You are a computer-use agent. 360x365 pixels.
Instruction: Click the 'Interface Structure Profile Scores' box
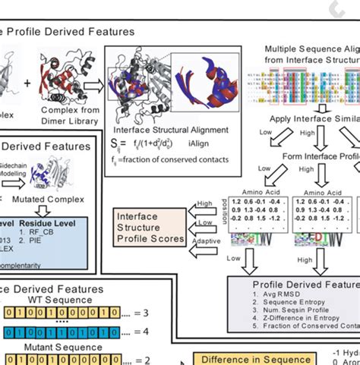click(x=149, y=228)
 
